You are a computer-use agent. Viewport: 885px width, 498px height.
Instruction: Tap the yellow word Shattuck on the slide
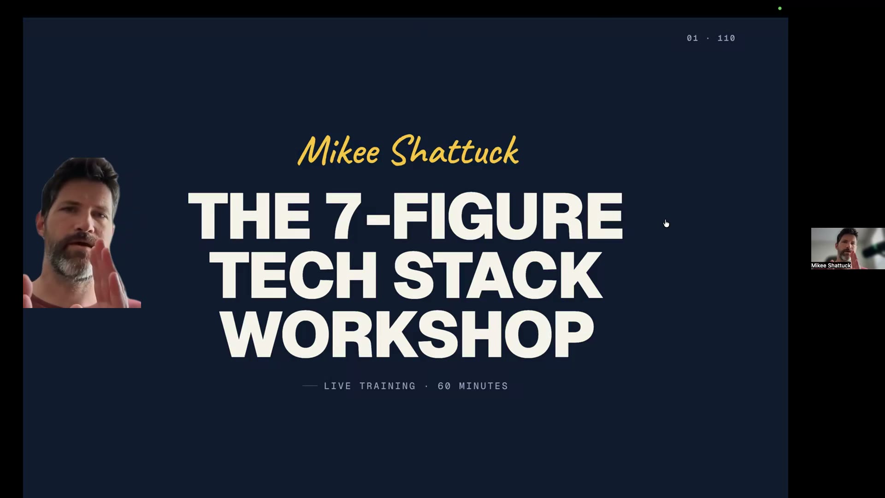455,151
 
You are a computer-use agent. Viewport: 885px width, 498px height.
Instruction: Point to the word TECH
294,275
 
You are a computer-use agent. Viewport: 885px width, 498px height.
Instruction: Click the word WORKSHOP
407,334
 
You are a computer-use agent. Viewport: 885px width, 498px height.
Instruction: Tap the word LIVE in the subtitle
337,386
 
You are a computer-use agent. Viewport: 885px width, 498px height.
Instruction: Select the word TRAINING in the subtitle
387,386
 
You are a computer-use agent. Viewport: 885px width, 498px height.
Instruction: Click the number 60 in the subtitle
444,386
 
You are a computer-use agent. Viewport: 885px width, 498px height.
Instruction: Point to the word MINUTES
483,386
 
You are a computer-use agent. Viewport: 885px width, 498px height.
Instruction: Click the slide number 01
692,38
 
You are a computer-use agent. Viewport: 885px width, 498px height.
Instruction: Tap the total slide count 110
726,38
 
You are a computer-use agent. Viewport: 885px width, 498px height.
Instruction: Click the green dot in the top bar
780,8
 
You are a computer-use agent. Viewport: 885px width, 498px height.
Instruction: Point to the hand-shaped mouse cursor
666,224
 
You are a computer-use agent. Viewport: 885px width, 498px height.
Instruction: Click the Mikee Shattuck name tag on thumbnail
831,266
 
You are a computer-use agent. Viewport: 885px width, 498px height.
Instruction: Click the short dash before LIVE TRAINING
310,386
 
